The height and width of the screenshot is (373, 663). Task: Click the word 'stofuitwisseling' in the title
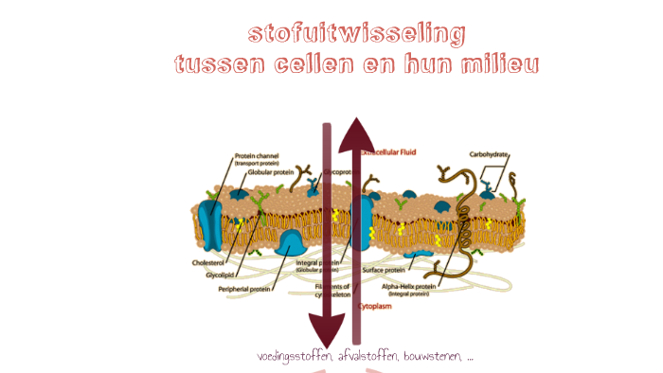pos(356,34)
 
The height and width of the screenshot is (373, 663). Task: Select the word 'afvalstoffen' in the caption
pos(367,357)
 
